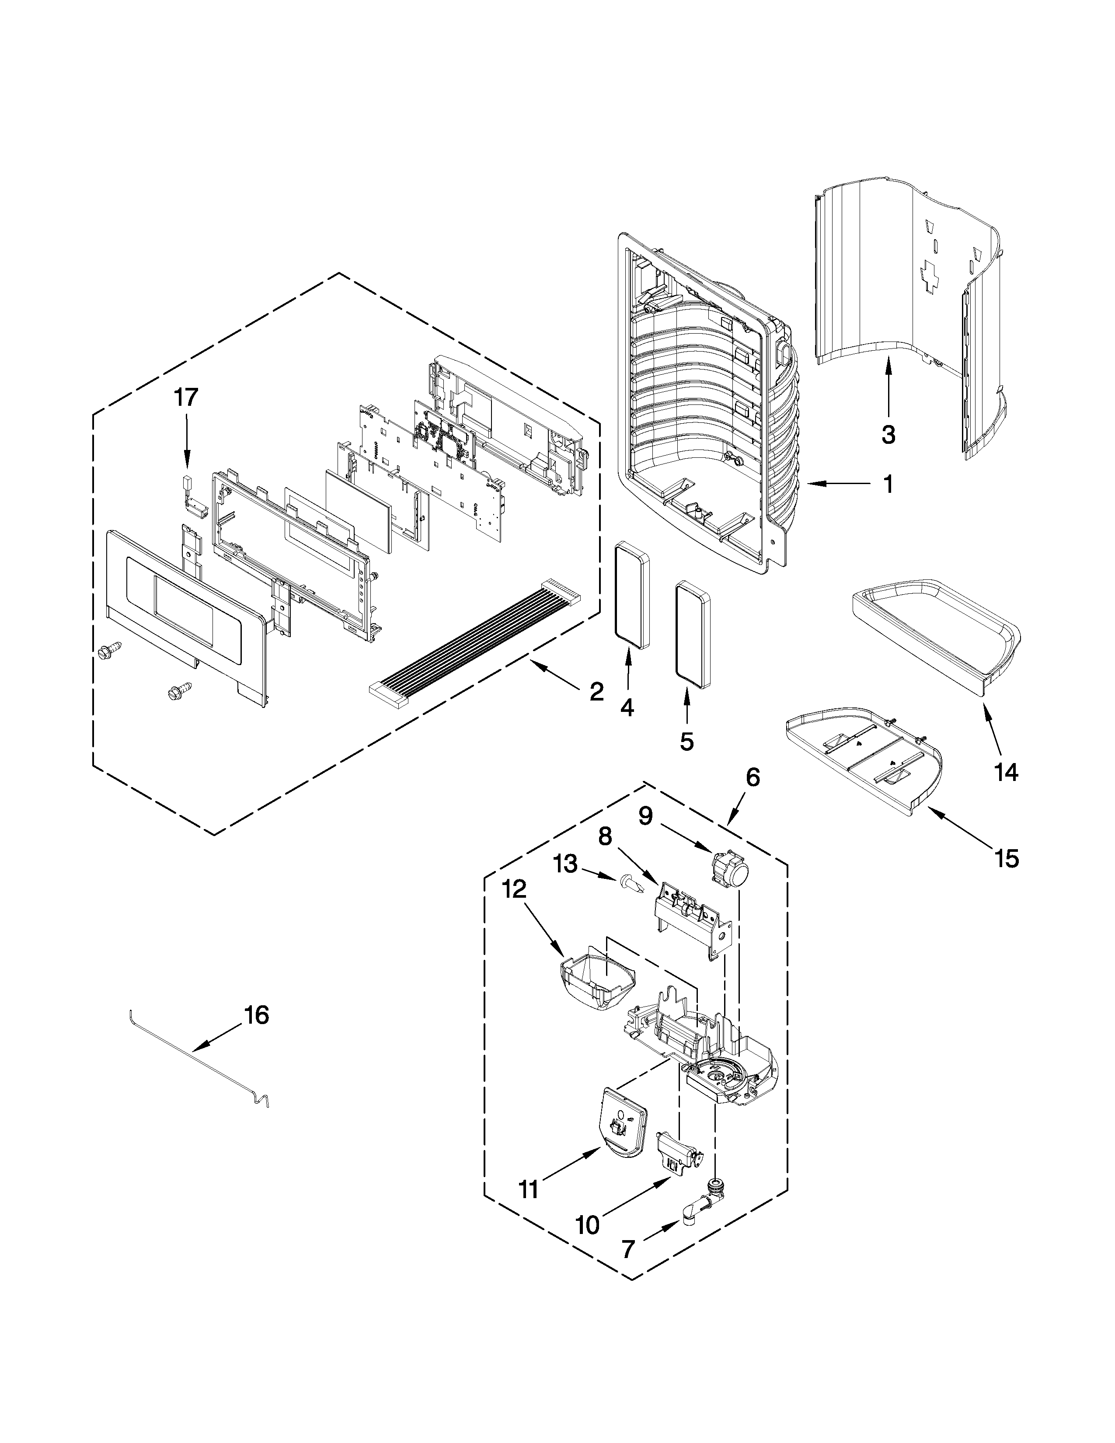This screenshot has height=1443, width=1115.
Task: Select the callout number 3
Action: tap(889, 434)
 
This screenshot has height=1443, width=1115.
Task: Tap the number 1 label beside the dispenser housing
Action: tap(889, 484)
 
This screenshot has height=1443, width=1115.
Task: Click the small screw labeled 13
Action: tap(631, 882)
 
